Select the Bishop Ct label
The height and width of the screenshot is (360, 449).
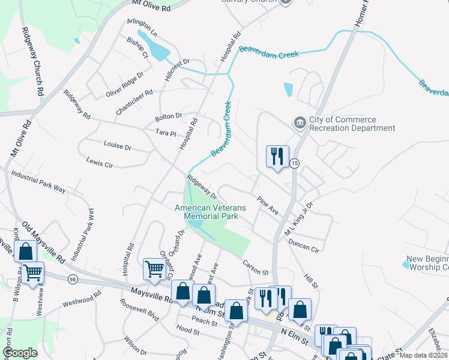(x=137, y=47)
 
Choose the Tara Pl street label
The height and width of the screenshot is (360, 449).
(x=165, y=133)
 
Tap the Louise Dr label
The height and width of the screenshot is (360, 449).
(x=117, y=146)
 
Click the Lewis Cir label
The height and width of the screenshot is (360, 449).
(x=100, y=163)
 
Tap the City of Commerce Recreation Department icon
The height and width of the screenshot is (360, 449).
(x=300, y=123)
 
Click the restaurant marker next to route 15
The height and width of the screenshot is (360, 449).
(x=277, y=157)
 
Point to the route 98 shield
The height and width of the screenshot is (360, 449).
(x=73, y=280)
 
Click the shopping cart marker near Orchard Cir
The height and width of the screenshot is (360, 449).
(x=155, y=271)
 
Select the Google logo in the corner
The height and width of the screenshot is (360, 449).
(x=20, y=353)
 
